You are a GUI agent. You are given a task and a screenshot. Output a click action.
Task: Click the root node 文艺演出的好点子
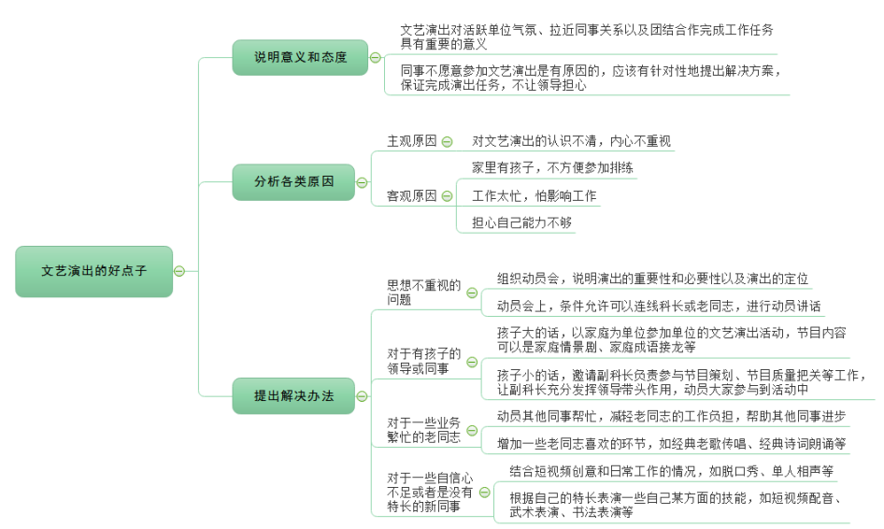[93, 271]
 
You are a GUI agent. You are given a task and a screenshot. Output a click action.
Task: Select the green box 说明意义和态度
[300, 57]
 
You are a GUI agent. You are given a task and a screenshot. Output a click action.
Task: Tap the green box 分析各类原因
[293, 181]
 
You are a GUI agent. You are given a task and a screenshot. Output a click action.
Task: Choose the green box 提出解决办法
[293, 395]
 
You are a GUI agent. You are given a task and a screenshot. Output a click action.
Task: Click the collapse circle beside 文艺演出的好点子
[179, 271]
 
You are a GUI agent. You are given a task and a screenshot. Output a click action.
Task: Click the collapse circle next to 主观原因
[447, 142]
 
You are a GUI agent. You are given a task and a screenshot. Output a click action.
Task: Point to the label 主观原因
[411, 141]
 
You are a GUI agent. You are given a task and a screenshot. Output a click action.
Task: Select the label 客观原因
[411, 196]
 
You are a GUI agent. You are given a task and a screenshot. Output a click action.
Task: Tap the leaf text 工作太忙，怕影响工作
[534, 196]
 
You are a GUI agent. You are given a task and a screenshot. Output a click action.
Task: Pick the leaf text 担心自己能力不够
[521, 222]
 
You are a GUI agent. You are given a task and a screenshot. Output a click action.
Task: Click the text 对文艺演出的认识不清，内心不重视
[571, 141]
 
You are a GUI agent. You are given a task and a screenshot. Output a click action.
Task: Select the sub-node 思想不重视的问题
[424, 293]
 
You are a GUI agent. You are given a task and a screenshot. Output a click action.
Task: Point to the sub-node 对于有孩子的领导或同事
[424, 361]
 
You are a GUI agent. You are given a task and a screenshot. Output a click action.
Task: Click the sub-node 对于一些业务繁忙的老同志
[424, 429]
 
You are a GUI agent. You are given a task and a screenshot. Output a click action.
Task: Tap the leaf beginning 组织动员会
[652, 279]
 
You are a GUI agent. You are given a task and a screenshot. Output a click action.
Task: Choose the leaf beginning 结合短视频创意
[671, 471]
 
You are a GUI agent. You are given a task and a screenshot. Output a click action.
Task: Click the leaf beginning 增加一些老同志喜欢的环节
[671, 443]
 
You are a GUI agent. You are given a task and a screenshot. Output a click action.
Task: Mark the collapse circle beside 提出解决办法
[363, 395]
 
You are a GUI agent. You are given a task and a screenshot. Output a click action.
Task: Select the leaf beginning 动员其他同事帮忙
[671, 416]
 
